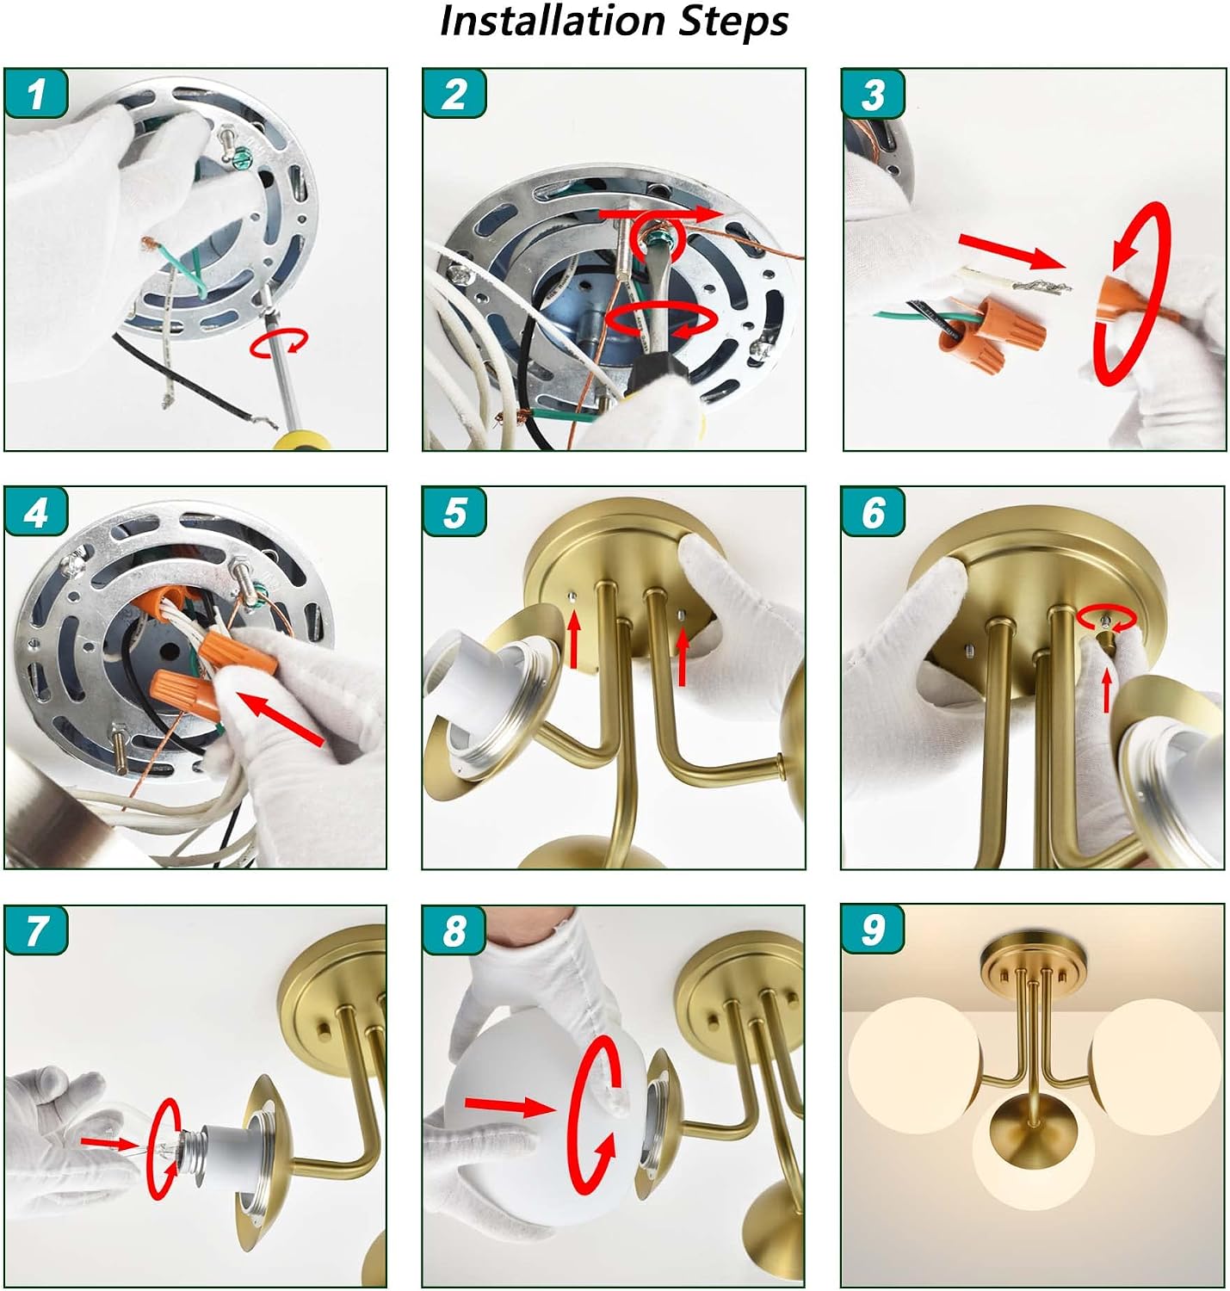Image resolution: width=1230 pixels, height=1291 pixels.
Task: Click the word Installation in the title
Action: click(553, 22)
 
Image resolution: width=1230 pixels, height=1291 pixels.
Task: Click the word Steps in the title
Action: click(732, 23)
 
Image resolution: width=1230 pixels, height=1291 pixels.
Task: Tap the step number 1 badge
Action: click(36, 94)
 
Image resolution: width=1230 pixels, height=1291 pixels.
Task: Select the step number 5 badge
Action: click(454, 512)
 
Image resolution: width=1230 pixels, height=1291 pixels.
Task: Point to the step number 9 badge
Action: click(873, 930)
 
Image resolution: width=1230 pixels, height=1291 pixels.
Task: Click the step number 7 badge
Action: click(36, 930)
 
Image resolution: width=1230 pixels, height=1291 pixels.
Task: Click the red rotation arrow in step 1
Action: click(279, 343)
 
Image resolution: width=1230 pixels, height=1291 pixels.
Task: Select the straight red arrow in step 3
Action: click(1011, 251)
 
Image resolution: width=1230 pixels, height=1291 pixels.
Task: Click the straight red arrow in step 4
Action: click(281, 719)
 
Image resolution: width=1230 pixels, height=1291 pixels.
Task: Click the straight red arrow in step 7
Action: click(108, 1143)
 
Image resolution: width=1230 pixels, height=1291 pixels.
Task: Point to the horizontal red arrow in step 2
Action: click(660, 214)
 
